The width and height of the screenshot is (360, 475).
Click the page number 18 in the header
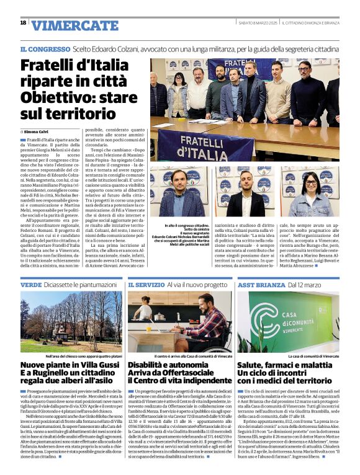(23, 23)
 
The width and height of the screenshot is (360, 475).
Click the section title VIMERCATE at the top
(74, 25)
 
